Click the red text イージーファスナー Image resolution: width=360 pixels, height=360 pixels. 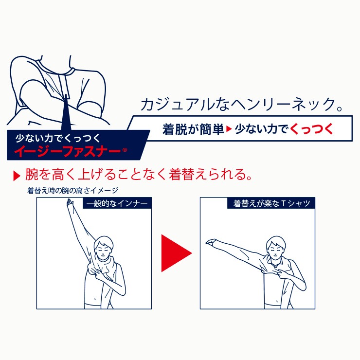67,151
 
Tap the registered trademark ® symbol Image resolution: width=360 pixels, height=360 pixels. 125,150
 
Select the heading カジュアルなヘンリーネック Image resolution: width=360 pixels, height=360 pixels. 239,105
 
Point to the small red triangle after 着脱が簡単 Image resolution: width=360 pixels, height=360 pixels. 229,129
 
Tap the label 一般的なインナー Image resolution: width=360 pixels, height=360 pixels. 117,203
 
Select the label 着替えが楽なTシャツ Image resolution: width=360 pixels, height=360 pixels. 271,203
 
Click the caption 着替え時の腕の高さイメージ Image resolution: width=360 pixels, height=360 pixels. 73,190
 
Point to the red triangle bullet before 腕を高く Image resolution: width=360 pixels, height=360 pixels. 17,176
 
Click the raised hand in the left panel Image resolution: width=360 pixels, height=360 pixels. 70,203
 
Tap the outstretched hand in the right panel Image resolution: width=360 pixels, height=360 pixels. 210,242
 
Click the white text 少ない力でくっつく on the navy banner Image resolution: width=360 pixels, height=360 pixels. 58,138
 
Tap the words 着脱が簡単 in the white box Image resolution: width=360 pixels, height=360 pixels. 193,129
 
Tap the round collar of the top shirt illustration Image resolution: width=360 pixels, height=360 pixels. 56,69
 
